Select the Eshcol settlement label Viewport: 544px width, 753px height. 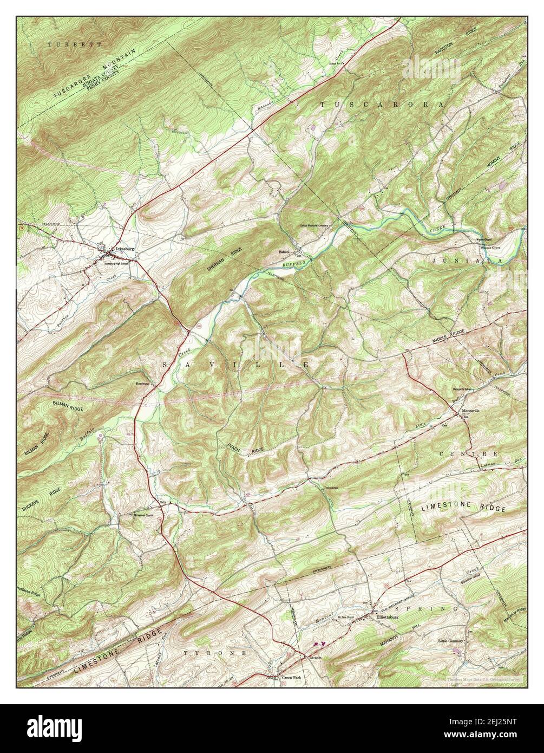(x=285, y=252)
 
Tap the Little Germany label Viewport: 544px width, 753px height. (x=451, y=641)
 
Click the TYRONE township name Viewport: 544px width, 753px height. (x=215, y=653)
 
